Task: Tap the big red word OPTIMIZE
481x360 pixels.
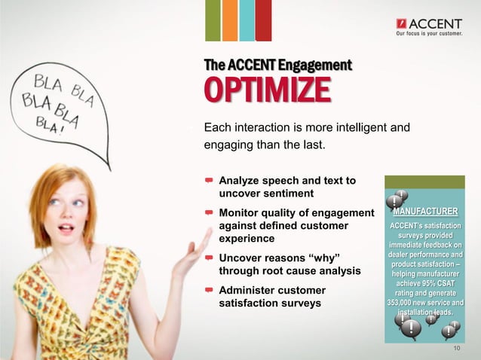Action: tap(267, 90)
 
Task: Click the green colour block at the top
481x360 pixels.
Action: tap(213, 20)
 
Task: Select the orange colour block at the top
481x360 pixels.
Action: tap(230, 20)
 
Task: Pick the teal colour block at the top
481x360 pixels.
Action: tap(247, 20)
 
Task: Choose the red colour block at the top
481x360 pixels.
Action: tap(263, 20)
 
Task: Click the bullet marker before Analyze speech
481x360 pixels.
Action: tap(208, 181)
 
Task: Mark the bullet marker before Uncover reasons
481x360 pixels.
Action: tap(208, 258)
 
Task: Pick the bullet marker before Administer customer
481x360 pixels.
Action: tap(208, 290)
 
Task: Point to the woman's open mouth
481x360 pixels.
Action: tap(67, 229)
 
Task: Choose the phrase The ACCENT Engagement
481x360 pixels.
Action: tap(278, 66)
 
